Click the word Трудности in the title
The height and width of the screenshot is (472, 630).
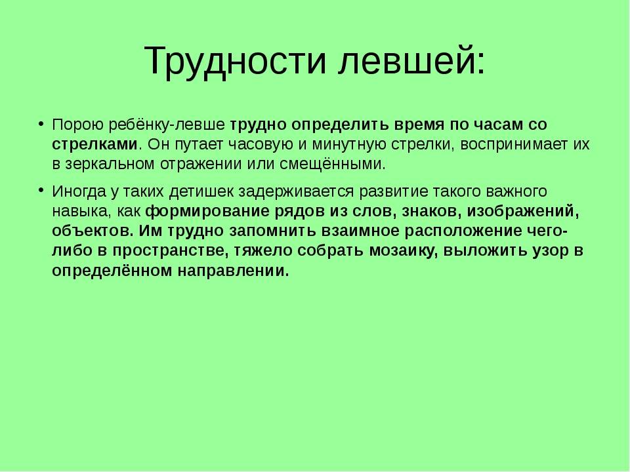click(235, 62)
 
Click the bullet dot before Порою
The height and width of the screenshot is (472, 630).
click(41, 124)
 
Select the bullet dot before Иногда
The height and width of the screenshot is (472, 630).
click(41, 191)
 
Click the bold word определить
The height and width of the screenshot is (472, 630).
click(340, 125)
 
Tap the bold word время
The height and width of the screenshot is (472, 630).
click(419, 125)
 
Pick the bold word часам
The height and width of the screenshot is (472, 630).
click(498, 125)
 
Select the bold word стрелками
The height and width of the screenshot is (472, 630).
click(94, 144)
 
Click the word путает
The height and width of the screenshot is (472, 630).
click(199, 144)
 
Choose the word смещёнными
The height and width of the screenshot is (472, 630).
click(332, 164)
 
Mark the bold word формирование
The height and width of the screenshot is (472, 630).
click(207, 212)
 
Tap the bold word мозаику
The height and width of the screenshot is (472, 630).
click(404, 251)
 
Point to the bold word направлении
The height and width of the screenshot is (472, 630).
click(234, 271)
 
